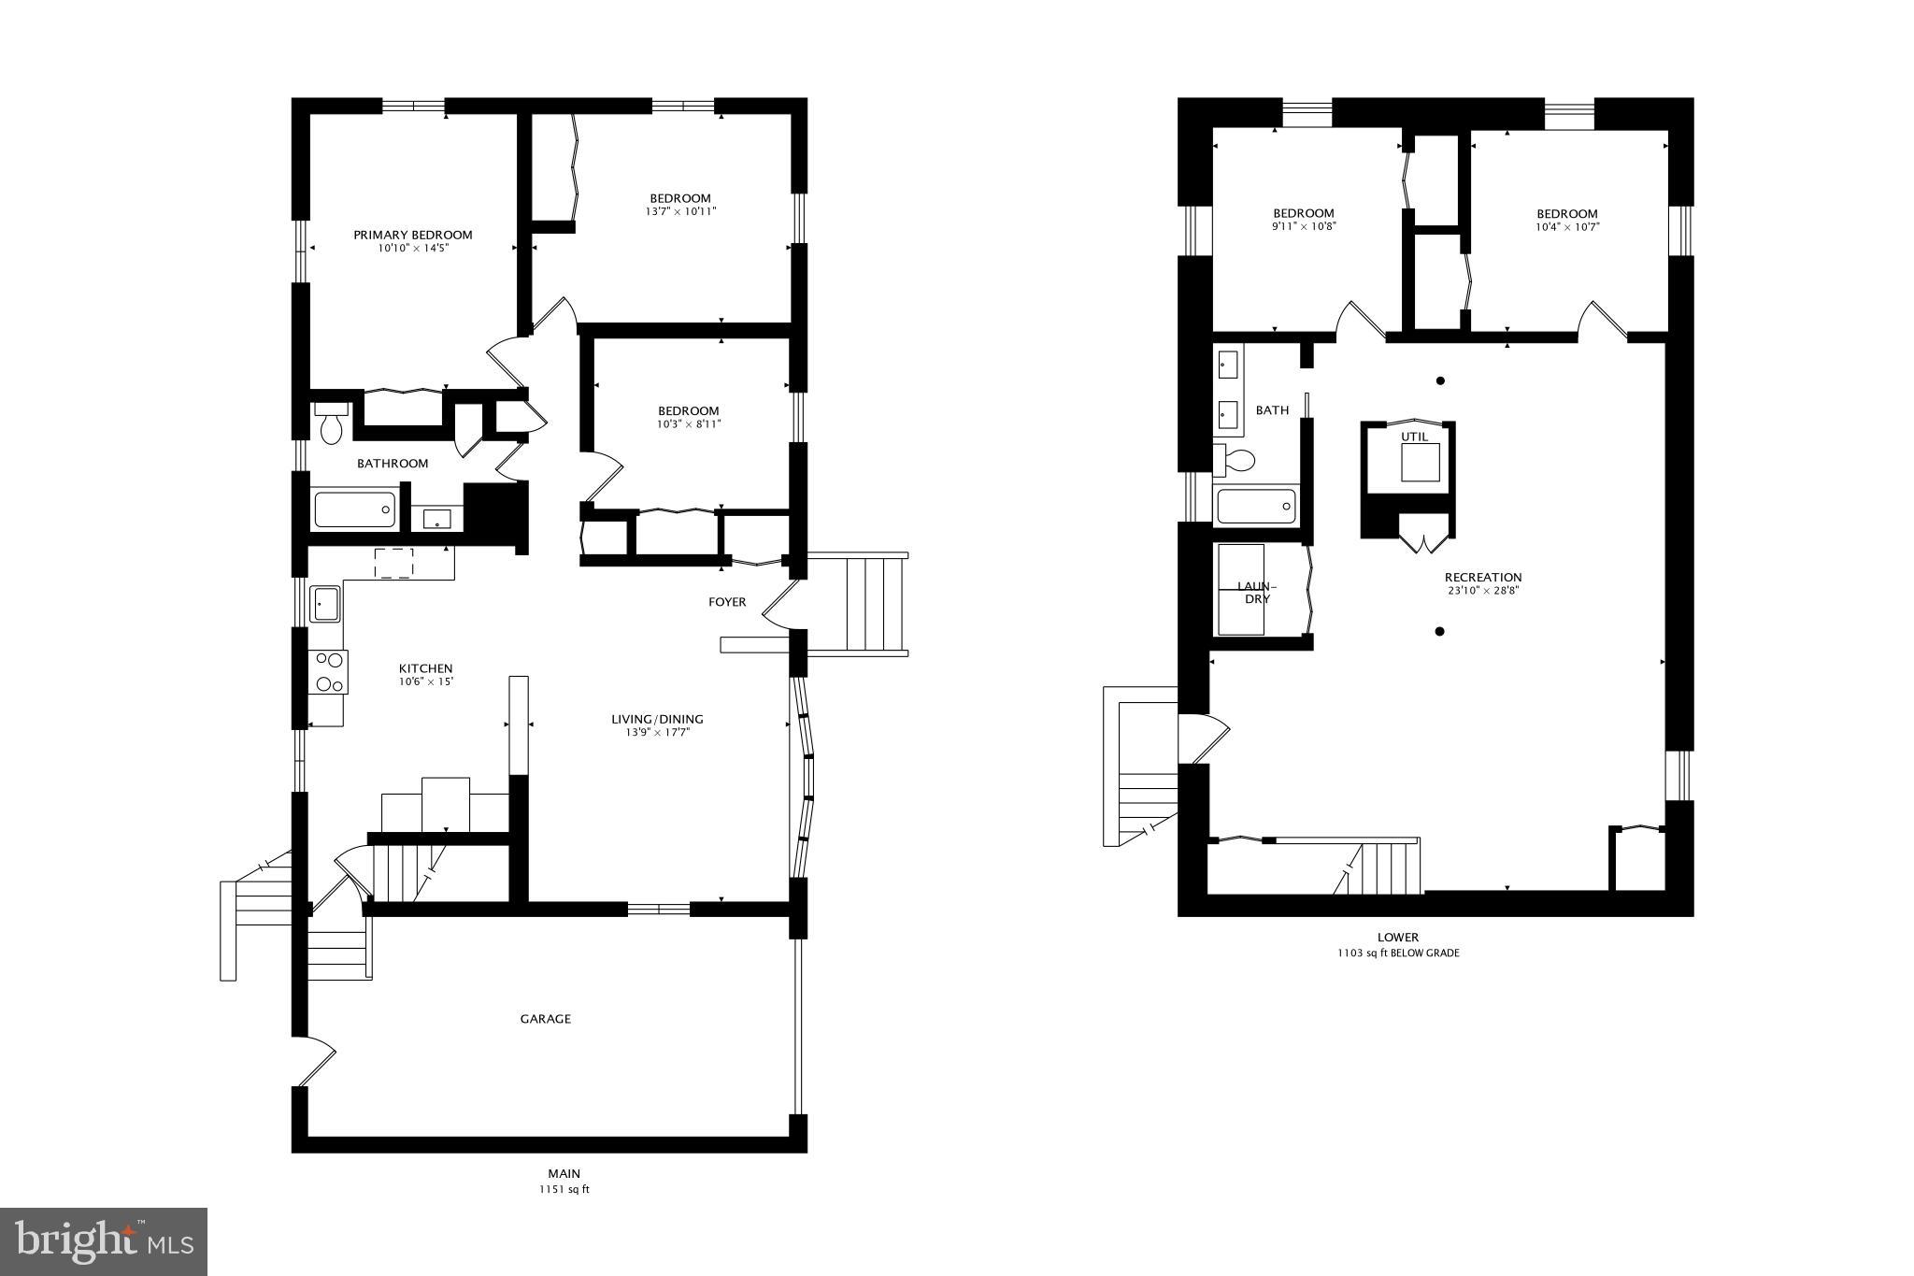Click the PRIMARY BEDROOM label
point(412,235)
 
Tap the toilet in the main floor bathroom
point(331,423)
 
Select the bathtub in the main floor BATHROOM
point(354,509)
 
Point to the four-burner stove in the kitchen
point(330,671)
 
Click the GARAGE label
point(545,1018)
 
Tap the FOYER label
point(727,602)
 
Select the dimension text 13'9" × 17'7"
point(657,732)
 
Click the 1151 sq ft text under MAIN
point(564,1190)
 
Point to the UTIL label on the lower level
point(1415,437)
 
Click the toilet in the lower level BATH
point(1235,460)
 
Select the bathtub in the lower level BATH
point(1256,506)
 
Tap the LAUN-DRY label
point(1257,592)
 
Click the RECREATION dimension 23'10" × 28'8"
point(1482,590)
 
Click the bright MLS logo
point(103,1240)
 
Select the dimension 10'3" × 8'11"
point(689,423)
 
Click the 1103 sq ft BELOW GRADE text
point(1397,953)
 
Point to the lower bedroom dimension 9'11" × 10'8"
point(1303,226)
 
